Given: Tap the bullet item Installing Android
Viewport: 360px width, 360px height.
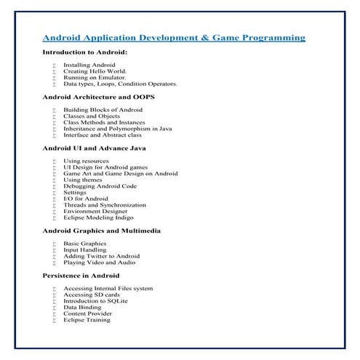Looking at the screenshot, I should (x=89, y=65).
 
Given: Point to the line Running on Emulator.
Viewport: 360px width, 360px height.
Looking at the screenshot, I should (x=95, y=78).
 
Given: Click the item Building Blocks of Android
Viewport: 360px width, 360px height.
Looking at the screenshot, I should (x=103, y=109).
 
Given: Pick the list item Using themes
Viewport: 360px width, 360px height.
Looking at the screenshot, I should (x=84, y=180).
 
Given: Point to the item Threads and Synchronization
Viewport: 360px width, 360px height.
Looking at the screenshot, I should (x=105, y=205).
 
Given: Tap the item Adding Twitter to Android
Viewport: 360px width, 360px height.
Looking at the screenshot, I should (x=101, y=256).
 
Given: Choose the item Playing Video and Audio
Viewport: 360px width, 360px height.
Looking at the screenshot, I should (x=100, y=263).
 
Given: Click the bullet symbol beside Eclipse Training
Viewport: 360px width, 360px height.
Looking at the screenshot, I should (x=55, y=320).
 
